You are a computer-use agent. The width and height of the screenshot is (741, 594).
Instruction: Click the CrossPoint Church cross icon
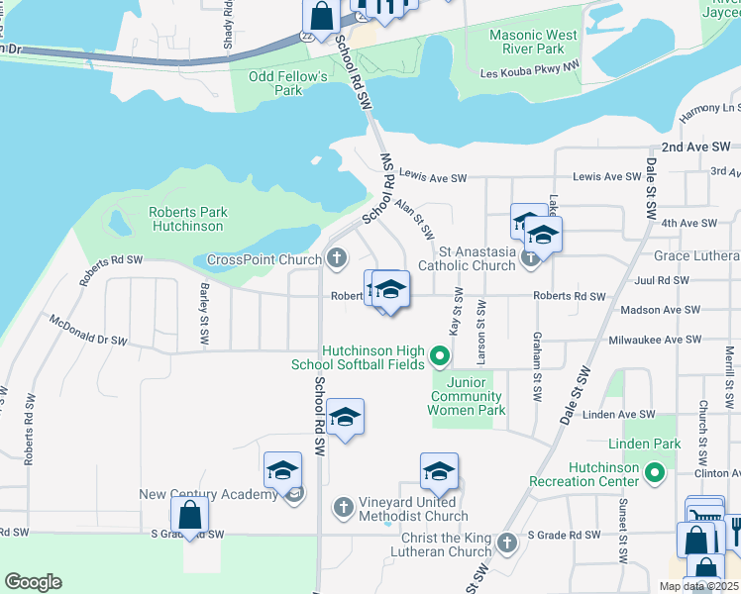pyautogui.click(x=337, y=260)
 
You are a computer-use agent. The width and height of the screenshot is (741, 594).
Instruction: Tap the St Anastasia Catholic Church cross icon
pyautogui.click(x=530, y=257)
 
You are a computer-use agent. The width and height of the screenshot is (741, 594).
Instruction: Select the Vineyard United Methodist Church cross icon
pyautogui.click(x=343, y=507)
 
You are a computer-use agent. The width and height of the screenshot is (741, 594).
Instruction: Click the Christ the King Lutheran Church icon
pyautogui.click(x=506, y=543)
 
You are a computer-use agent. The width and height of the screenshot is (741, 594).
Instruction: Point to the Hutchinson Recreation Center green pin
pyautogui.click(x=654, y=474)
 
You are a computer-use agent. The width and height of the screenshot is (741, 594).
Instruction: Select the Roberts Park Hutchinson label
pyautogui.click(x=189, y=219)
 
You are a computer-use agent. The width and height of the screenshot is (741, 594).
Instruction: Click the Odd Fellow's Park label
pyautogui.click(x=288, y=83)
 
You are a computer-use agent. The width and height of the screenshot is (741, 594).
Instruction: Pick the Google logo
pyautogui.click(x=33, y=582)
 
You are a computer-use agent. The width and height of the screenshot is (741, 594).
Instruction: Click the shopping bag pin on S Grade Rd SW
pyautogui.click(x=189, y=516)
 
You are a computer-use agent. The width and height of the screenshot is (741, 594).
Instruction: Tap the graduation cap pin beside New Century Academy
pyautogui.click(x=283, y=469)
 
